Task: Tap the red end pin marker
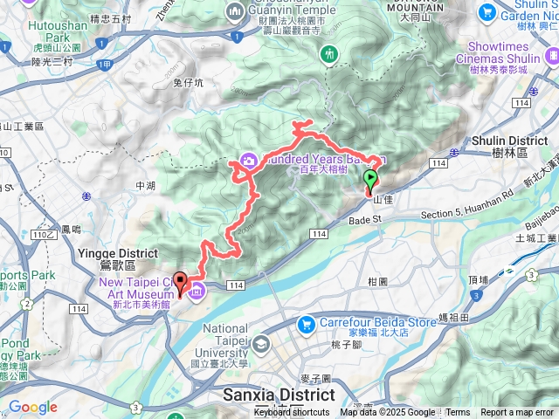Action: (181, 283)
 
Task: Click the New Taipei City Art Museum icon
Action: (197, 290)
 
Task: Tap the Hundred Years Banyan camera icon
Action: (248, 161)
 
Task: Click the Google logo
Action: (32, 407)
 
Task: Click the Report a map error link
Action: (518, 413)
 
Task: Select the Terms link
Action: (458, 413)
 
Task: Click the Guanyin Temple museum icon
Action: (233, 11)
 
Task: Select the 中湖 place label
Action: (145, 185)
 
